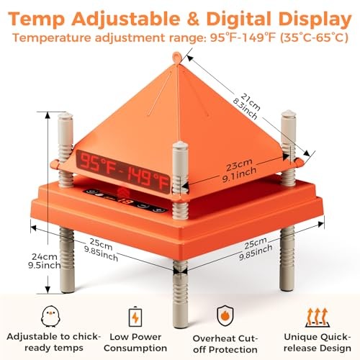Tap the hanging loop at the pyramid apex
tap(176, 58)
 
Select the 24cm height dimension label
tap(45, 261)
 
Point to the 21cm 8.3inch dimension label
tap(247, 106)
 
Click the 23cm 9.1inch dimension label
tap(238, 170)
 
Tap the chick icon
tap(50, 316)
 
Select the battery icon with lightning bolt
tap(135, 317)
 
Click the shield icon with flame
tap(225, 315)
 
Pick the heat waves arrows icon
tap(318, 318)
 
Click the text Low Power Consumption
tap(135, 343)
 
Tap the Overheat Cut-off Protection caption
tap(225, 344)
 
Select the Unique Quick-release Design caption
tap(318, 343)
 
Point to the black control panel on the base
tap(125, 201)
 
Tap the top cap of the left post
tap(66, 117)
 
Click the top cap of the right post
tap(289, 114)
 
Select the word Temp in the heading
tap(37, 19)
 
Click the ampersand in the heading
tap(192, 19)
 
